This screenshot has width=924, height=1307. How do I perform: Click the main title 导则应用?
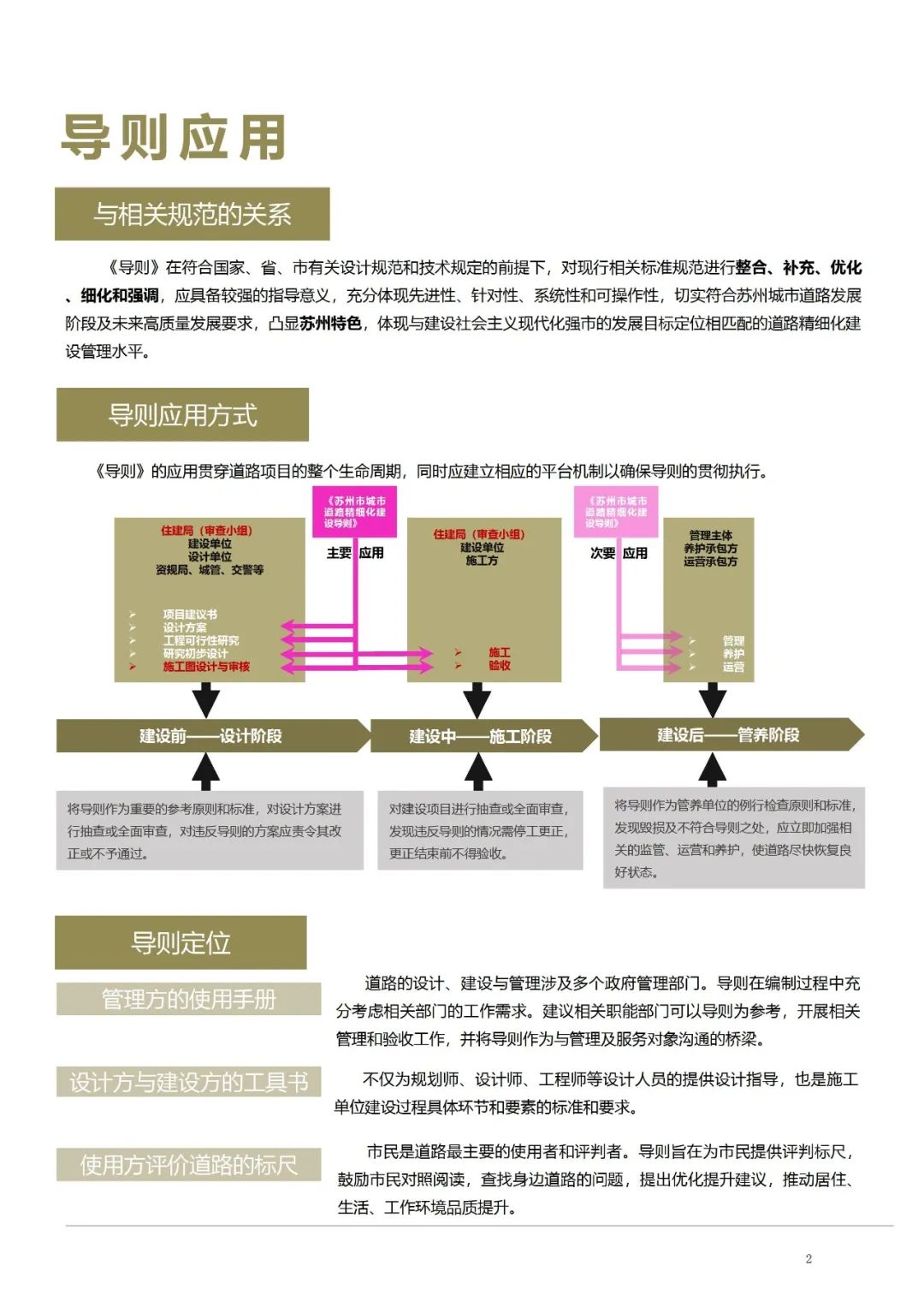pyautogui.click(x=174, y=137)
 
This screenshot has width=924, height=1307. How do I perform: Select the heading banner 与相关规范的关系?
pyautogui.click(x=192, y=214)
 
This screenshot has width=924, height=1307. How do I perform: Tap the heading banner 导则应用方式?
pyautogui.click(x=182, y=415)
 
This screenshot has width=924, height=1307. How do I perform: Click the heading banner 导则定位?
pyautogui.click(x=181, y=942)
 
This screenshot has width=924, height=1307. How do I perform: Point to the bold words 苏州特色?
pyautogui.click(x=330, y=324)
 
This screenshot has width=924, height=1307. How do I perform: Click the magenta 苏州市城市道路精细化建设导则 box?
pyautogui.click(x=355, y=512)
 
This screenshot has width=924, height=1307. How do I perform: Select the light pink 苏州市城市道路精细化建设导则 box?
pyautogui.click(x=616, y=512)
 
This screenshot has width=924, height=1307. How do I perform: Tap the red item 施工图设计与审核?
pyautogui.click(x=206, y=667)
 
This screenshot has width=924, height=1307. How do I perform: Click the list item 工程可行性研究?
pyautogui.click(x=201, y=640)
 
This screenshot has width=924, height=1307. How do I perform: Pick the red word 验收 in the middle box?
pyautogui.click(x=500, y=665)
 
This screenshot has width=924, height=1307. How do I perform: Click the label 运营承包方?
pyautogui.click(x=710, y=561)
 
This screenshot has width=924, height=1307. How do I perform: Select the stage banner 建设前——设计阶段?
pyautogui.click(x=211, y=736)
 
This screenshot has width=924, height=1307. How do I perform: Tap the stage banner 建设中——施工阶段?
pyautogui.click(x=481, y=736)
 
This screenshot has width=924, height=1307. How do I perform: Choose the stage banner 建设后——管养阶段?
pyautogui.click(x=729, y=735)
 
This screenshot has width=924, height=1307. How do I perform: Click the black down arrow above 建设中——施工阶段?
pyautogui.click(x=477, y=699)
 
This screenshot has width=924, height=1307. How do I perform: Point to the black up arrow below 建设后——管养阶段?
pyautogui.click(x=712, y=769)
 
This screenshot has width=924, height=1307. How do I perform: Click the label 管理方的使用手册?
pyautogui.click(x=189, y=999)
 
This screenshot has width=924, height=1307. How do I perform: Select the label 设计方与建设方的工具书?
pyautogui.click(x=189, y=1082)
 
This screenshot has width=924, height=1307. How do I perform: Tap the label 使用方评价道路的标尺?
pyautogui.click(x=189, y=1165)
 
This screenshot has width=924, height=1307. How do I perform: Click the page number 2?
pyautogui.click(x=808, y=1258)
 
